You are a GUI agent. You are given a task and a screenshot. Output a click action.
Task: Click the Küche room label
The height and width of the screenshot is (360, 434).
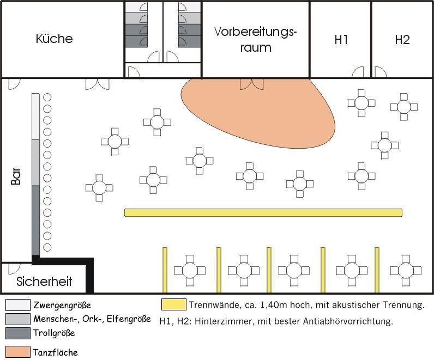coord(54,39)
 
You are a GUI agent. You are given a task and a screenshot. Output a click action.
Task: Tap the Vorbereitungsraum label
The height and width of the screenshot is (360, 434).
coord(255,39)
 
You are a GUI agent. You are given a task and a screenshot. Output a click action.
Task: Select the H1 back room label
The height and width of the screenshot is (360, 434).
coord(341,40)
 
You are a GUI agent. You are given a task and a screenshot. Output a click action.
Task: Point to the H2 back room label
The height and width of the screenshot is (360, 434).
coord(402,40)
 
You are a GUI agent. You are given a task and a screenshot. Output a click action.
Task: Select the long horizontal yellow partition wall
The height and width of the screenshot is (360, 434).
coord(263,212)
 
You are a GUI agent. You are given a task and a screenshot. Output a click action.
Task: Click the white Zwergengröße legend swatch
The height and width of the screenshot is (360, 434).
coord(17,305)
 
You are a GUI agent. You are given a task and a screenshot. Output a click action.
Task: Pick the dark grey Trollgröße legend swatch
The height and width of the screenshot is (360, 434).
coord(17,332)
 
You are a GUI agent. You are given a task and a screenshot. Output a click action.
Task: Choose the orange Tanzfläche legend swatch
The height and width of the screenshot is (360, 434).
coord(17,351)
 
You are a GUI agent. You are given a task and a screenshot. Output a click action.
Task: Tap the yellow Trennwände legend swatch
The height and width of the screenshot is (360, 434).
coord(173,304)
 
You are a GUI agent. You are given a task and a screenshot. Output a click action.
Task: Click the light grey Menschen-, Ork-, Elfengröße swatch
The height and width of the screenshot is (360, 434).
coord(17,319)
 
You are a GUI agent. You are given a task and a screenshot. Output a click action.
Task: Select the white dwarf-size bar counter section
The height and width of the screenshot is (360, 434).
coord(36,116)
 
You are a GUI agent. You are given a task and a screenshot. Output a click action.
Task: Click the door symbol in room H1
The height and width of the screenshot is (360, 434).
coord(358,72)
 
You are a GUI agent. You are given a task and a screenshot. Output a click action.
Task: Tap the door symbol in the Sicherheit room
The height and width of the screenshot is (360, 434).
coord(14,268)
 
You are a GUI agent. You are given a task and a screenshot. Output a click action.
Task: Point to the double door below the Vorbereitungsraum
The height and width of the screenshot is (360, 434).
coord(252,83)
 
